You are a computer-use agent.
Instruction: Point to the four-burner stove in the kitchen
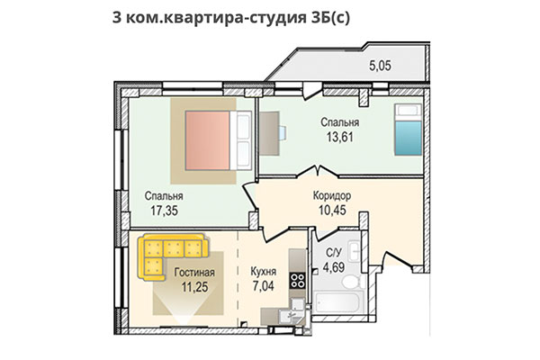pos(296,281)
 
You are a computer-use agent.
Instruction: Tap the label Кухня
pos(264,272)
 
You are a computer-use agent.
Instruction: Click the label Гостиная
pos(190,272)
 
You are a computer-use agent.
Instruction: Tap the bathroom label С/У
pos(332,253)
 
